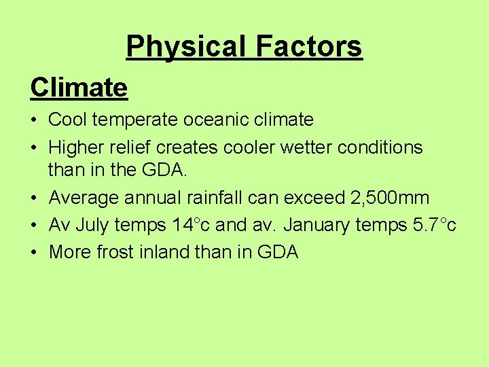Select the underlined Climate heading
click(79, 87)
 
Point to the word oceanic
click(220, 120)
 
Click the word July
click(93, 225)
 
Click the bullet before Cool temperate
click(34, 121)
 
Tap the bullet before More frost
click(34, 253)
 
